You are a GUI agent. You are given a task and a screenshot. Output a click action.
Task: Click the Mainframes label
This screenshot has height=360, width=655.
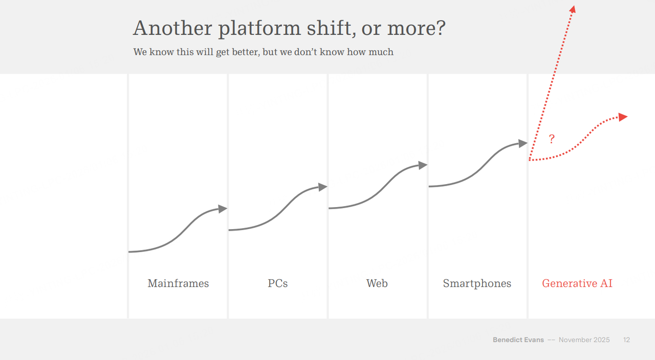178,283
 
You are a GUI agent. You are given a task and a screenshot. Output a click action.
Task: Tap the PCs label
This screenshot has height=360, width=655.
278,283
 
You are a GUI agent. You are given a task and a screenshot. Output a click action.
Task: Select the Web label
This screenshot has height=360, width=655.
377,283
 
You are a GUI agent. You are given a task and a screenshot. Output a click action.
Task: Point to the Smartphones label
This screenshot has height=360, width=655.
477,283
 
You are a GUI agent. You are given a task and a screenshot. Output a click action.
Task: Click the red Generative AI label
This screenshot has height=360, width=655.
577,283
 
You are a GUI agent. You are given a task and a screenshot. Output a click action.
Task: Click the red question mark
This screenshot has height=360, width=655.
552,139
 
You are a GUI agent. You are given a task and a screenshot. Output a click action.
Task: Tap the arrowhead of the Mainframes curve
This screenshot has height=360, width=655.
223,209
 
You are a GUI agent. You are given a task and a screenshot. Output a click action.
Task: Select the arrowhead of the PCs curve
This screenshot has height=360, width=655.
323,187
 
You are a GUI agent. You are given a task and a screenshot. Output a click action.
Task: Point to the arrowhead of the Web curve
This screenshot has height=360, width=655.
423,165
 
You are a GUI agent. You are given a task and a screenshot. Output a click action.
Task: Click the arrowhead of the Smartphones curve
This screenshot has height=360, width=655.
523,144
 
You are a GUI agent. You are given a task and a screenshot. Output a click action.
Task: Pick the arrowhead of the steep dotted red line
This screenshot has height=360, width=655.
573,9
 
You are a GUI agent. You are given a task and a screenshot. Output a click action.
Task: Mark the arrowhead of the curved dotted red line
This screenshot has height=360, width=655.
623,117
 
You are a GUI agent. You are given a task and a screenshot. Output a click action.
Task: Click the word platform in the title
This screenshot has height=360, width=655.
259,29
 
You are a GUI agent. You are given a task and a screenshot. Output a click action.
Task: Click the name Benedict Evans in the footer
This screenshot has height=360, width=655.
518,340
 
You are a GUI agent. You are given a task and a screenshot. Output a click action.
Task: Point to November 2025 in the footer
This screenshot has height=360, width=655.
584,340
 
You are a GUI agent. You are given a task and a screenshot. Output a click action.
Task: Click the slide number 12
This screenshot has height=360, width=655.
626,340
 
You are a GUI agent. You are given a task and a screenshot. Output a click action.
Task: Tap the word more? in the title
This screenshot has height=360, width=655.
416,29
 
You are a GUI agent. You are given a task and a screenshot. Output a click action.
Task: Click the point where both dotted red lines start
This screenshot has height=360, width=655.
530,160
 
